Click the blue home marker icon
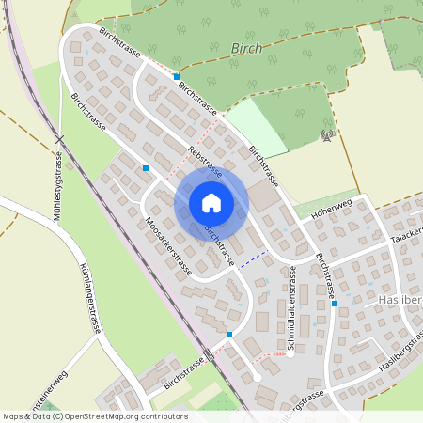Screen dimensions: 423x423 click(211, 202)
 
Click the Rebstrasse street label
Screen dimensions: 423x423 click(204, 161)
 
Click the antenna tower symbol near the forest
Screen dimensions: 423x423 click(326, 135)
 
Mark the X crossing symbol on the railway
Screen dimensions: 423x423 click(59, 139)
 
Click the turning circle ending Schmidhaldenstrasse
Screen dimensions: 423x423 click(290, 355)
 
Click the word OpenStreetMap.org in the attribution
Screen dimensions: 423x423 click(106, 415)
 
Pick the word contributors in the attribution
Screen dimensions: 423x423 click(164, 415)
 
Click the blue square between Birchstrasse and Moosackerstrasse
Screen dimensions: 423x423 click(146, 168)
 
